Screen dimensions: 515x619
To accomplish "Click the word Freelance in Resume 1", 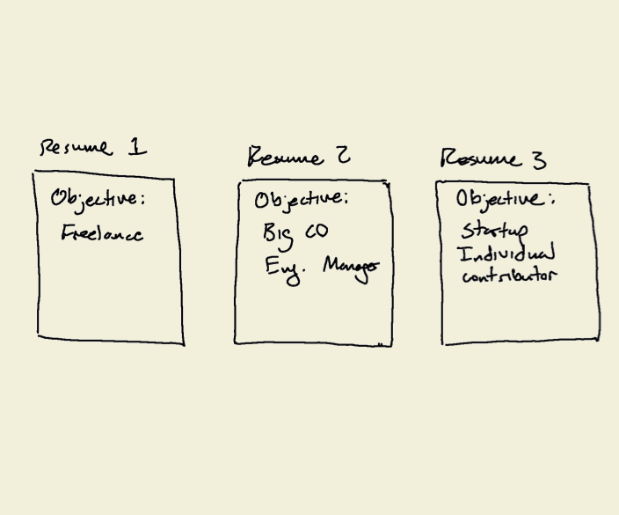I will point(102,234).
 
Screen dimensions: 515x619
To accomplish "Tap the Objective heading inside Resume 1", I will point(97,199).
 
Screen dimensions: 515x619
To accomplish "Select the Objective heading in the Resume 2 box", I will point(301,200).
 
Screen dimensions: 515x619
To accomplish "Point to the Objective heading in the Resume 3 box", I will point(504,200).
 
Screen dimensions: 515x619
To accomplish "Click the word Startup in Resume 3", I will point(495,232).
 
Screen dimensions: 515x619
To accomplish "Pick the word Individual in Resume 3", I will point(506,255).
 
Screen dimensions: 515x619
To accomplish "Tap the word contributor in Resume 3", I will point(509,276).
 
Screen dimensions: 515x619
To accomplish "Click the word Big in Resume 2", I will point(277,234).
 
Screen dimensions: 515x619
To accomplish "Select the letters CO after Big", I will point(317,232).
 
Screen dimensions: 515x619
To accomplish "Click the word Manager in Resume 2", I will point(351,266).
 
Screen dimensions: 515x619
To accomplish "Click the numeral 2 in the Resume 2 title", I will point(341,157).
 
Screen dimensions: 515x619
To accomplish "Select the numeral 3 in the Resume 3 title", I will point(538,160).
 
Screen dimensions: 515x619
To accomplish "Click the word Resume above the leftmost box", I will point(76,148).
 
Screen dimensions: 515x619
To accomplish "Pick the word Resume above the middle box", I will point(285,158).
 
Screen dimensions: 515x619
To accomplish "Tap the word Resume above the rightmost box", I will point(480,159).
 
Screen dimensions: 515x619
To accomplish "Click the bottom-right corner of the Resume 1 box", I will point(184,343).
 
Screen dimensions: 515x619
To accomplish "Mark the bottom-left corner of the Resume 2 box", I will point(235,342).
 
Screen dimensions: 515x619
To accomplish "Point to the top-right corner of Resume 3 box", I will point(588,185).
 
